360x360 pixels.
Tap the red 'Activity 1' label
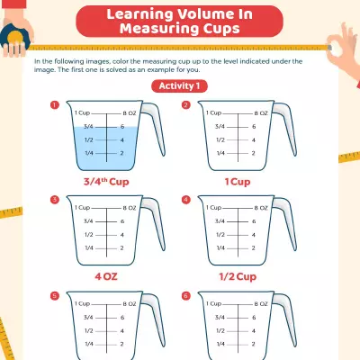[x=180, y=85]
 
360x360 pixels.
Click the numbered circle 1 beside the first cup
[x=55, y=104]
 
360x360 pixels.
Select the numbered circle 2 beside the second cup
[x=186, y=104]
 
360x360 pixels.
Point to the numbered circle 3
[x=55, y=199]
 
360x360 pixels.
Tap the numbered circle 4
[x=186, y=199]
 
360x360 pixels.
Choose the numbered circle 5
[x=55, y=294]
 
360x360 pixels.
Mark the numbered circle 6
[x=186, y=294]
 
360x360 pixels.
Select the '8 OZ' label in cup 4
[x=260, y=208]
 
